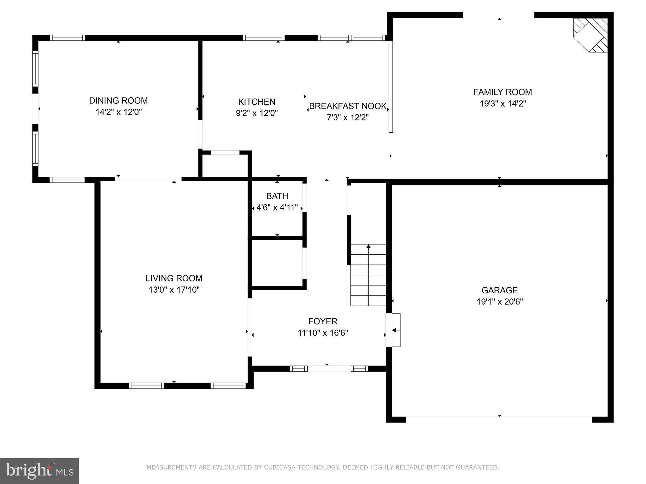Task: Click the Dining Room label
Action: (118, 101)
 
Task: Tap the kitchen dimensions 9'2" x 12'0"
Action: (257, 113)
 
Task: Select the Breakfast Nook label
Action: (348, 106)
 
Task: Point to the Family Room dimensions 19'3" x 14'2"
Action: (503, 104)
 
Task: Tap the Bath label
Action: (277, 196)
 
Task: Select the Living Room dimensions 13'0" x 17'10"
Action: (174, 290)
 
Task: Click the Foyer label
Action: (323, 321)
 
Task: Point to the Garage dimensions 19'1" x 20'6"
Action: (500, 302)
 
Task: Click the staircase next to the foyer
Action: (368, 275)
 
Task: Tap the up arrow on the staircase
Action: (368, 246)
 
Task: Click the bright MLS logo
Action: (39, 471)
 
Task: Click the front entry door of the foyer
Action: (329, 368)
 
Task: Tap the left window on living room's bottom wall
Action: (147, 385)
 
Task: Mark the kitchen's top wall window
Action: (264, 38)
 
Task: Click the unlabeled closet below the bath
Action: (277, 263)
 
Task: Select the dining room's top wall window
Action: (68, 38)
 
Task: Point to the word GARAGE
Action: (500, 290)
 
